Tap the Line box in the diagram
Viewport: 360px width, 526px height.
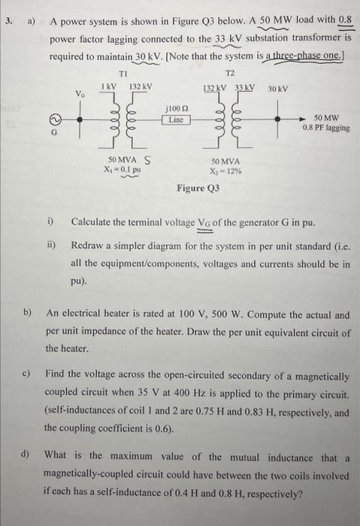point(178,120)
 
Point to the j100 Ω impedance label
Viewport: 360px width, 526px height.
point(178,110)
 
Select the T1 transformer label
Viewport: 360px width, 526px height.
point(125,75)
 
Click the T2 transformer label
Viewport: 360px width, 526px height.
point(229,75)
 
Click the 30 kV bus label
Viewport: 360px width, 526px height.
point(277,89)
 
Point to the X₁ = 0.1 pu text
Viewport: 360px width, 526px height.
point(123,170)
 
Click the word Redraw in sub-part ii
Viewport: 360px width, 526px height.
point(88,246)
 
